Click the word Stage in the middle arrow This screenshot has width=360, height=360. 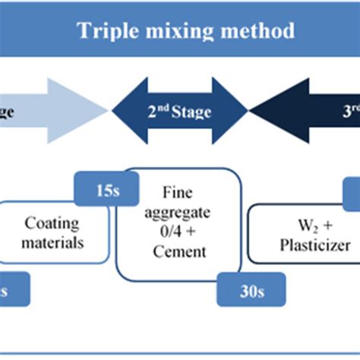(x=192, y=113)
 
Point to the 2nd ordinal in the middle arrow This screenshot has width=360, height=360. (x=157, y=112)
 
